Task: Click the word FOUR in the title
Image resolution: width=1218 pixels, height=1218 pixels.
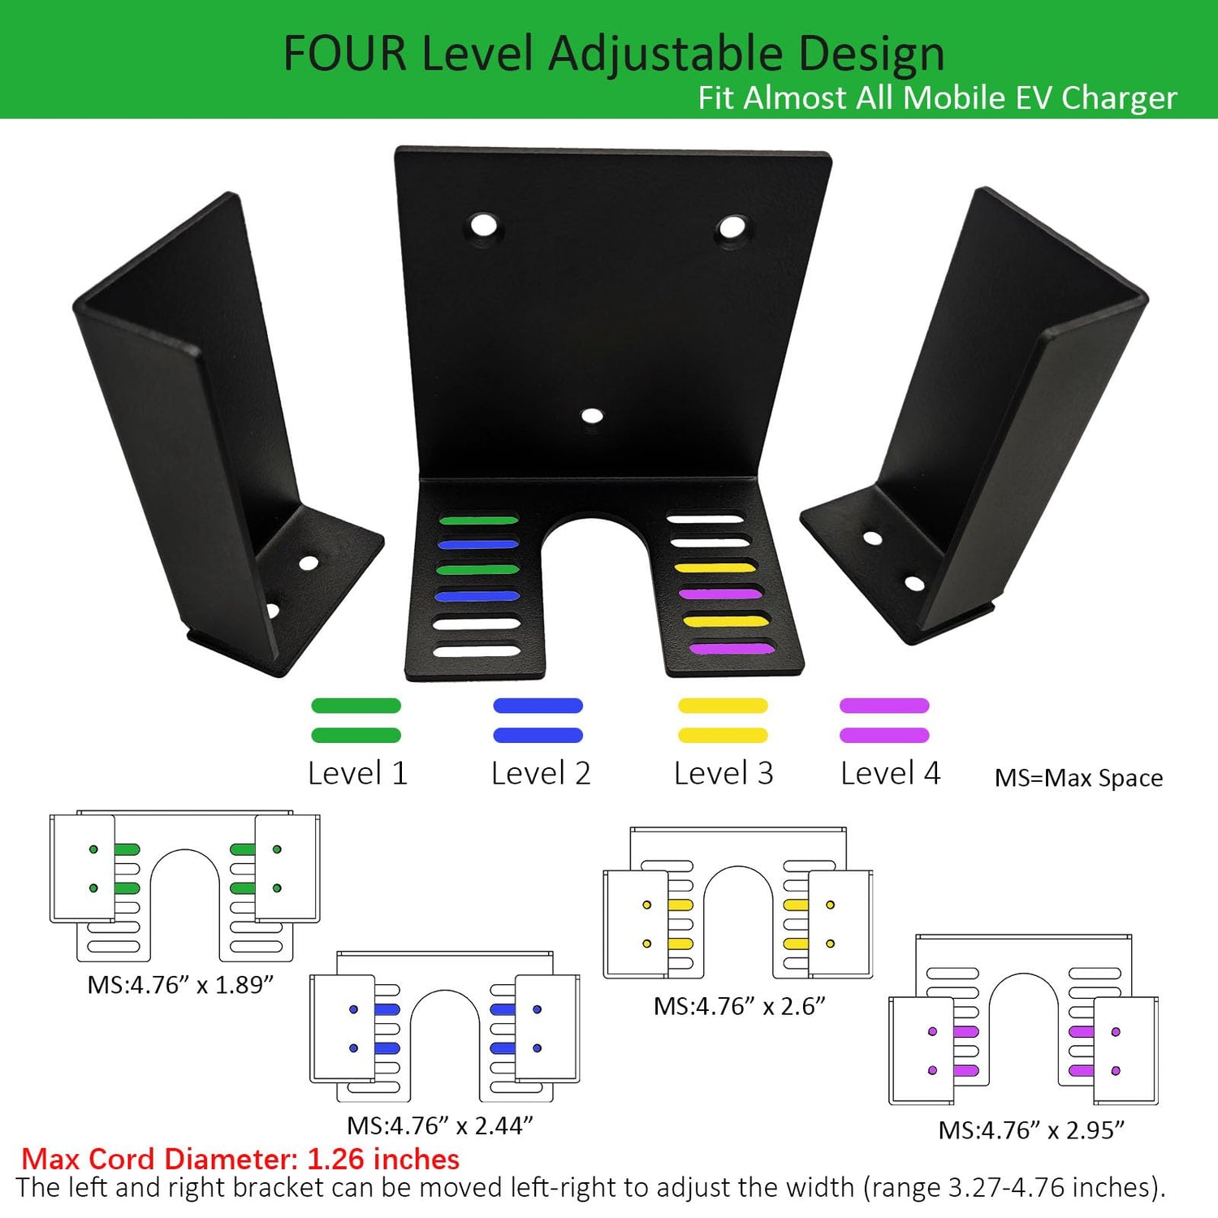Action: click(x=345, y=54)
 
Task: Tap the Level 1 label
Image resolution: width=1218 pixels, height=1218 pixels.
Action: click(x=357, y=773)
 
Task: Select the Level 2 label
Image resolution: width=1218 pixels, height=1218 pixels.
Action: click(x=541, y=773)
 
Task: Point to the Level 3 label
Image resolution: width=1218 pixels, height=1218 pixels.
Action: click(x=723, y=773)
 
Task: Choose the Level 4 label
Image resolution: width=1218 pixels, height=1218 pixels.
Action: click(x=891, y=773)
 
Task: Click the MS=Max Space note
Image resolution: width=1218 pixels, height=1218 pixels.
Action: click(x=1078, y=778)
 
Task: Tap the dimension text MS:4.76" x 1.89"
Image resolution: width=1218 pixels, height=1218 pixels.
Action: click(x=180, y=985)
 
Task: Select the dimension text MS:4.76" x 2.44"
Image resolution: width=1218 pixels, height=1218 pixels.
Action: click(x=440, y=1125)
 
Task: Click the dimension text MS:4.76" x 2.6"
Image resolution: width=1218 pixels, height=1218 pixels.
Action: click(x=740, y=1006)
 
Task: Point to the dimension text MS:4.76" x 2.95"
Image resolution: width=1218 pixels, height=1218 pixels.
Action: click(x=1031, y=1130)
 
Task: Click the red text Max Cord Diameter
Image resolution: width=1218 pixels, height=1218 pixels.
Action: click(x=240, y=1159)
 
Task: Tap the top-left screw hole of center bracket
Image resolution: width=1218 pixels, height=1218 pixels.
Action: click(x=483, y=225)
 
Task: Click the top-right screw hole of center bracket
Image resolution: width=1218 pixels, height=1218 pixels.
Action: click(x=732, y=227)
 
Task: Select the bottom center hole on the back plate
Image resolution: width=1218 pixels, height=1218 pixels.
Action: click(x=592, y=417)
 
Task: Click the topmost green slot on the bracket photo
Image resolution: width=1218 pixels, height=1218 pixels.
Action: click(x=478, y=520)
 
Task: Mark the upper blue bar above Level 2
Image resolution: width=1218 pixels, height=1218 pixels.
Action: click(x=538, y=706)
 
